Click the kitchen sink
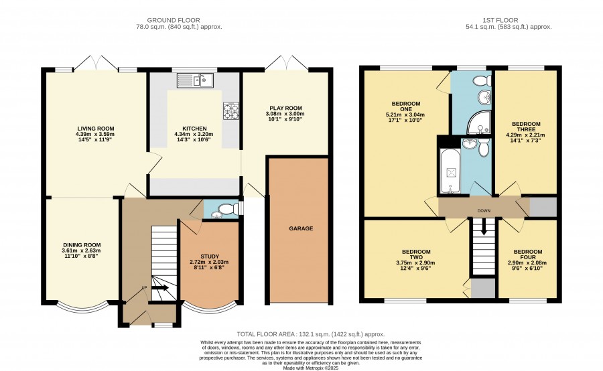coord(196,81)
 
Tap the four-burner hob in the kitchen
coord(231,110)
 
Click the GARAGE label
coord(301,228)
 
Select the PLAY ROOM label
coord(285,108)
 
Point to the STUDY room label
coord(210,256)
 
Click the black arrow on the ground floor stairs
coord(160,287)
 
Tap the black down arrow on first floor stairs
coord(483,227)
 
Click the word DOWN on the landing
coord(484,211)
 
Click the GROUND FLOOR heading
coord(174,20)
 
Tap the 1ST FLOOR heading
coord(500,20)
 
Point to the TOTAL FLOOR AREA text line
coord(311,334)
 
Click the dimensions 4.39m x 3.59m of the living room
coord(95,134)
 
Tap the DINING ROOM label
coord(82,245)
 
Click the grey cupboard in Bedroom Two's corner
coord(483,289)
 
